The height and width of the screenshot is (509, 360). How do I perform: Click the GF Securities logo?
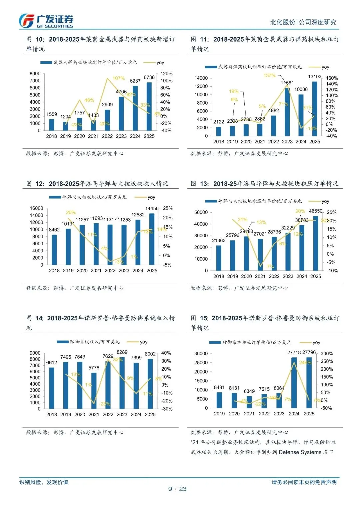coord(46,21)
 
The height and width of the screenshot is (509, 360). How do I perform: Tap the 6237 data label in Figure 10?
coord(135,81)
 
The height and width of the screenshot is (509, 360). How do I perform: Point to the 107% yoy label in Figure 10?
coord(119,78)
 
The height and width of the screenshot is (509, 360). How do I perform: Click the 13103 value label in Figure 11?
coord(314,77)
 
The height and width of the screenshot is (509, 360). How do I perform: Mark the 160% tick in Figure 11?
coord(332,78)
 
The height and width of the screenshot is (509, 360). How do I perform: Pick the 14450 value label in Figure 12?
coord(152,208)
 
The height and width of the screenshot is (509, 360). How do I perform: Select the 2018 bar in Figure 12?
coord(54,250)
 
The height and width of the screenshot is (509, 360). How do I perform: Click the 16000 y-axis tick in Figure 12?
coord(36,208)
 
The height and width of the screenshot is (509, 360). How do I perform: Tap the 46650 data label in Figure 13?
coord(315,211)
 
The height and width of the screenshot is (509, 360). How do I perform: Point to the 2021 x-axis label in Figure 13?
coord(260,276)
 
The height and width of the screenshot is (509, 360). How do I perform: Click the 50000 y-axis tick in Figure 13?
coord(201,212)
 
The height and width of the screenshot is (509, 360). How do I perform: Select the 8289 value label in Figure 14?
coord(122,352)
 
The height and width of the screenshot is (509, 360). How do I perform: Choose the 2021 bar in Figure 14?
coord(94,390)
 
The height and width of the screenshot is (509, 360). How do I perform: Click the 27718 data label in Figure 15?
coord(294,352)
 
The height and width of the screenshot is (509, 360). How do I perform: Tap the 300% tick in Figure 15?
coord(327,354)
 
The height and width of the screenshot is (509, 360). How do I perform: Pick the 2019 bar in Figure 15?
coord(219,400)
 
